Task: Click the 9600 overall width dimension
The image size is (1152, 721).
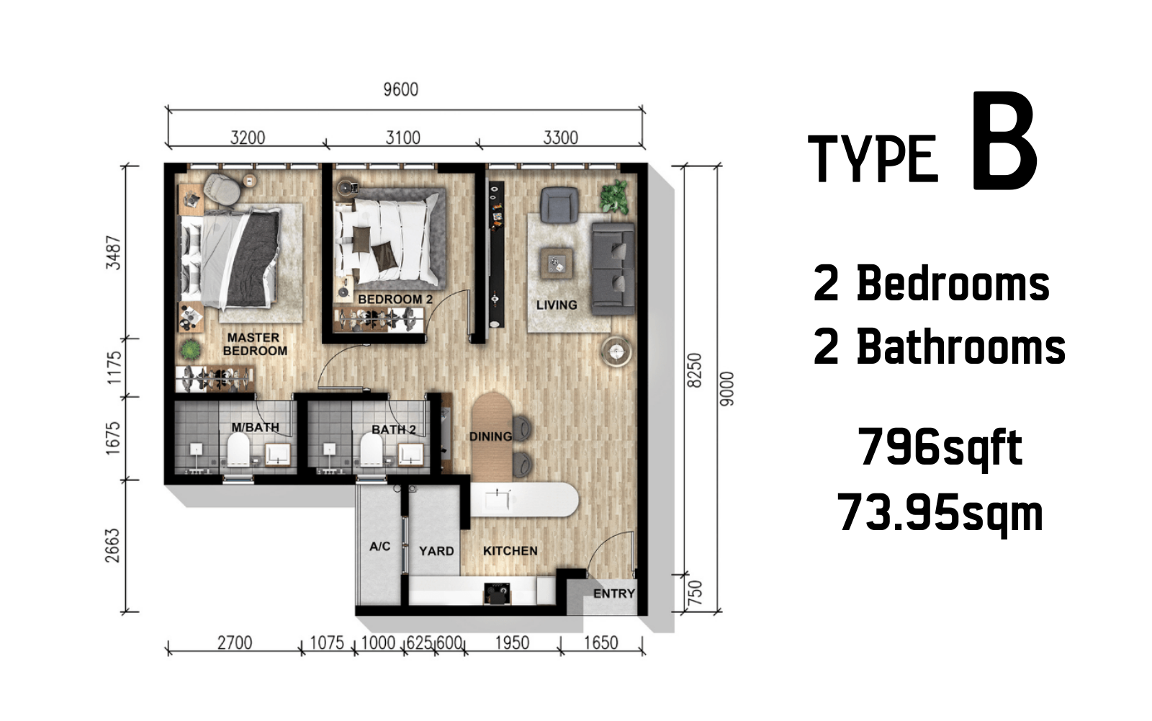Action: click(x=400, y=89)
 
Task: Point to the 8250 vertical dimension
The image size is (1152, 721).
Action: click(x=694, y=370)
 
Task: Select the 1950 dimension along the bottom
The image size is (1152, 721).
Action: click(x=512, y=642)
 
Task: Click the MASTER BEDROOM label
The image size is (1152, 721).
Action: click(x=255, y=344)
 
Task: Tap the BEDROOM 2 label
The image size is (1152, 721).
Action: click(x=395, y=299)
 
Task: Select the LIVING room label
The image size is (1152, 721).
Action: click(x=557, y=305)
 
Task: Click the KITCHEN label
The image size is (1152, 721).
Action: click(x=510, y=551)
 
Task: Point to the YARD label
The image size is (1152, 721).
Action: click(x=436, y=551)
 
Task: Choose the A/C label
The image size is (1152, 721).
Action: click(x=379, y=546)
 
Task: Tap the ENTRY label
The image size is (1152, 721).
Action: click(x=614, y=594)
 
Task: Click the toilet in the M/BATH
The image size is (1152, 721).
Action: click(x=238, y=449)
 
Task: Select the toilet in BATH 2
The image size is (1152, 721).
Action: click(x=372, y=449)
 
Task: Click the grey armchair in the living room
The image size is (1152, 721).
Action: click(x=559, y=205)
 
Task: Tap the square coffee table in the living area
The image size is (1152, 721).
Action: click(x=557, y=264)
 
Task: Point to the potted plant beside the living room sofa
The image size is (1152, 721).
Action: click(x=615, y=196)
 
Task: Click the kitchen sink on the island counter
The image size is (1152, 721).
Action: click(x=498, y=500)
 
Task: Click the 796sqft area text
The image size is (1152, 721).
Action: click(x=940, y=448)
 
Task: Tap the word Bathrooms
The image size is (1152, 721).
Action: click(x=960, y=346)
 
